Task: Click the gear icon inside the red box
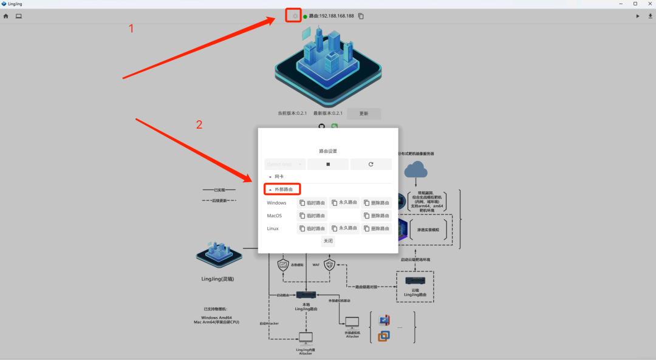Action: coord(295,16)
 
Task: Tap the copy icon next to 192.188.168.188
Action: coord(361,16)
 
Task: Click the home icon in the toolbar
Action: coord(6,16)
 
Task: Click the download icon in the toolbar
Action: coord(649,16)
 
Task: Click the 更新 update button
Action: coord(364,114)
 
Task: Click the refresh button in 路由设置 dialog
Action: coord(371,164)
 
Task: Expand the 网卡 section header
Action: coord(277,177)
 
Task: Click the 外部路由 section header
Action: coord(281,189)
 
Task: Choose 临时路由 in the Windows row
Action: coord(312,203)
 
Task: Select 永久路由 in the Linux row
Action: coord(344,228)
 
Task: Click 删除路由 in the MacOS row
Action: coord(377,216)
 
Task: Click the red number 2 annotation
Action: coord(199,125)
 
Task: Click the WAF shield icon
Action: coord(329,265)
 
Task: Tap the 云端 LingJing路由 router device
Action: coord(415,280)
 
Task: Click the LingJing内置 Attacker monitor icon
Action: coord(305,338)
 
